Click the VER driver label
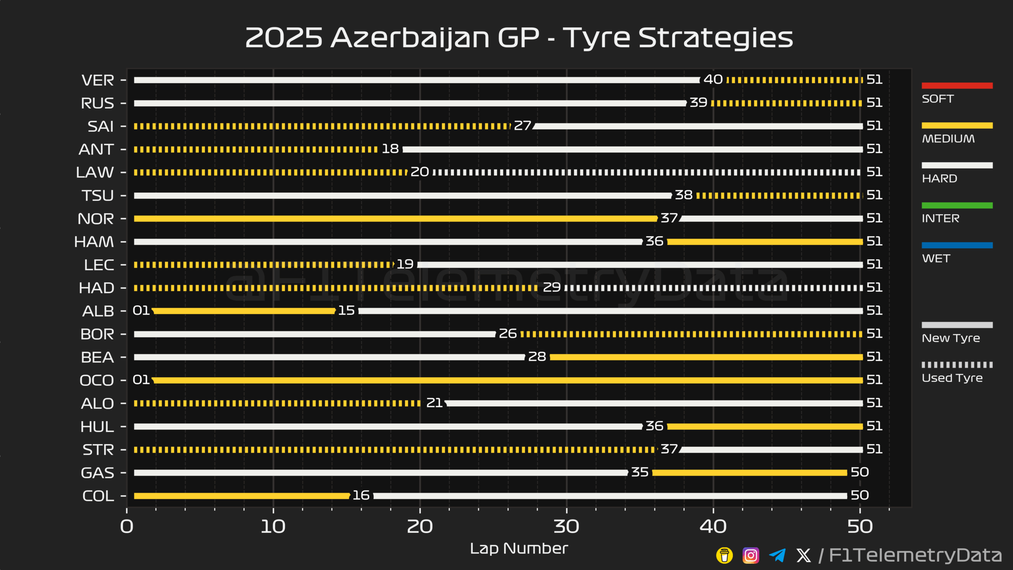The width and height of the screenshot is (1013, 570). point(97,80)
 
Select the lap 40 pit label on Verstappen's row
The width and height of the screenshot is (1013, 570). point(713,80)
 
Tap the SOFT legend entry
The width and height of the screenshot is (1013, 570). point(937,99)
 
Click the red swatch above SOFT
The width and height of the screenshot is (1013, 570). point(957,85)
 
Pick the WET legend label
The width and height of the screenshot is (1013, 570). point(936,258)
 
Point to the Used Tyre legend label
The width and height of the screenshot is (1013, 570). point(952,378)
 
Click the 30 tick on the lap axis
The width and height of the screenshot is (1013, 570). point(566,526)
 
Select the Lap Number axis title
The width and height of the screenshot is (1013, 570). point(519,549)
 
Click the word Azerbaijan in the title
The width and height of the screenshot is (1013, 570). point(410,38)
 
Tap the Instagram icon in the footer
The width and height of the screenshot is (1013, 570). point(751,555)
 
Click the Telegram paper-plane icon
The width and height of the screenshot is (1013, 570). point(777,555)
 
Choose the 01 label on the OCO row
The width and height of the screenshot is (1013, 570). point(141,380)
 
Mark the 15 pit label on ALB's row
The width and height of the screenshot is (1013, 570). point(346,311)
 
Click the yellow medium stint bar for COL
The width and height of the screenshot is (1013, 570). point(241,496)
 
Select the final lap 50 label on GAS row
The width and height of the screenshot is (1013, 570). point(859,472)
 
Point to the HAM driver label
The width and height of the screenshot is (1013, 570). point(94,242)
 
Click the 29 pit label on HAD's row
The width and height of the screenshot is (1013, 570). point(552,287)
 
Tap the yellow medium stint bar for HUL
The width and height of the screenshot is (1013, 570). point(764,427)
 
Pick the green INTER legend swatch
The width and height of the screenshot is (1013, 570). point(957,205)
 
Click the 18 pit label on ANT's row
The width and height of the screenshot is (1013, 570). point(390,149)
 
